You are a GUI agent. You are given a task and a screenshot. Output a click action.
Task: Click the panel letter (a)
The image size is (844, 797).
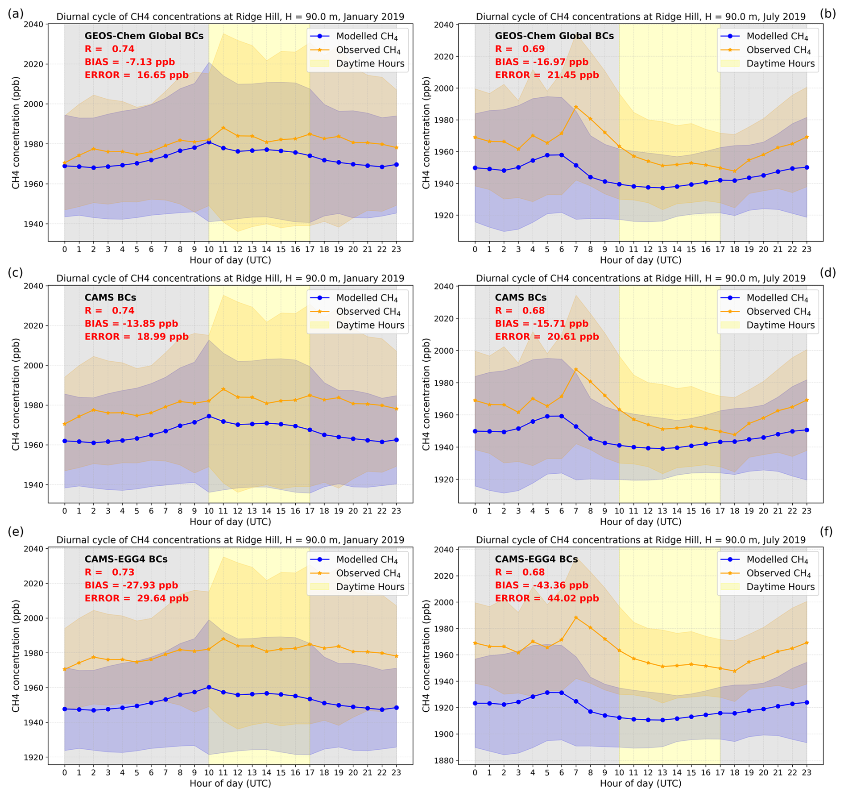pos(15,13)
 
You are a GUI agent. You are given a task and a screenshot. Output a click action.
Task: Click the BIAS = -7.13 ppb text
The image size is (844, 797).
pos(129,62)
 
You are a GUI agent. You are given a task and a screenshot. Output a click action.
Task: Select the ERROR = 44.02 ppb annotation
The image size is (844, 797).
pos(546,598)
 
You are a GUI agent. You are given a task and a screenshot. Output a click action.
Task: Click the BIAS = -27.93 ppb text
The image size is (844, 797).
pos(131,585)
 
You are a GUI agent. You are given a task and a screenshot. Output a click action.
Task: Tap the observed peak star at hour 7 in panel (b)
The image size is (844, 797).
pos(576,107)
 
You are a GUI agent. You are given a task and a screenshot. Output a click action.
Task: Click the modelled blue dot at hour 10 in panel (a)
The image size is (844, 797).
pos(209,142)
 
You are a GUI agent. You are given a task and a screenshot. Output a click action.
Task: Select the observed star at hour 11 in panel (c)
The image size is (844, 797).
pos(223,389)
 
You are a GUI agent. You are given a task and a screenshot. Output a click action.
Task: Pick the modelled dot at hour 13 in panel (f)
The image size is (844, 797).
pos(662,720)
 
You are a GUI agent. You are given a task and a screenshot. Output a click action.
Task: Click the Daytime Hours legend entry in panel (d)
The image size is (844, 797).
pos(780,325)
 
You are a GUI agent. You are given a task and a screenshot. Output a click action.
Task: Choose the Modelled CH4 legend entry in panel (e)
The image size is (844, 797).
pos(367,559)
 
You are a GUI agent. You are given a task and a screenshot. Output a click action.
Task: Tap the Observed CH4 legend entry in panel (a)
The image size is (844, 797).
pos(368,50)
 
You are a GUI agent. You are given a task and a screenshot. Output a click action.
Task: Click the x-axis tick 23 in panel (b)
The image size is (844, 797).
pos(807,249)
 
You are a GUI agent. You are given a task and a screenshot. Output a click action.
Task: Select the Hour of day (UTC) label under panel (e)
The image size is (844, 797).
pos(230,783)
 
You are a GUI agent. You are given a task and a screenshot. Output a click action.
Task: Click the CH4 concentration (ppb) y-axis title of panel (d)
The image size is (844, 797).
pos(426,394)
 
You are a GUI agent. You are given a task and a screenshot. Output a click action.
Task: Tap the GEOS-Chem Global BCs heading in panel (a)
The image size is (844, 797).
pos(144,36)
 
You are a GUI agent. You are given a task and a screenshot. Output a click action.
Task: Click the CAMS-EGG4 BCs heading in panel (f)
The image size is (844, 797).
pos(536,559)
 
